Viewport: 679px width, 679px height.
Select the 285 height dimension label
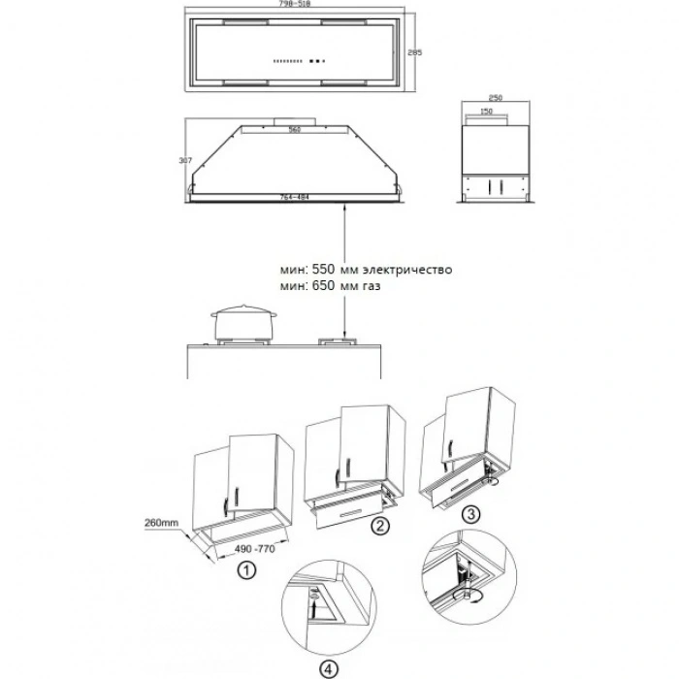[x=413, y=52]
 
